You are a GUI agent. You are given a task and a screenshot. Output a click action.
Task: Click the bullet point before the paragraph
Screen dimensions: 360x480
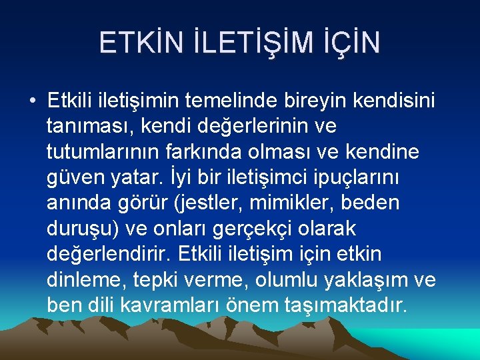[x=33, y=101]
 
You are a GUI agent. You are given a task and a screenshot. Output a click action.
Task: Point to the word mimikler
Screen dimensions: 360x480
[x=299, y=203]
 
